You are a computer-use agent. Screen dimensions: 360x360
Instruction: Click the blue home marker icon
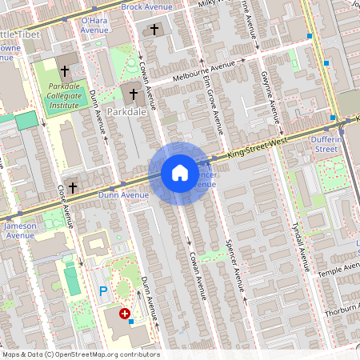click(179, 173)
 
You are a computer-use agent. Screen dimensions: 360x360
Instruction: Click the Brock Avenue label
click(146, 6)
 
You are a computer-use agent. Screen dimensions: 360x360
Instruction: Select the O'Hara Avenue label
click(94, 25)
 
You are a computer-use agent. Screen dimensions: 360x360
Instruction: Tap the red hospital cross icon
click(125, 314)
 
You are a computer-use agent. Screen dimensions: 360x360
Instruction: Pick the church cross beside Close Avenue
click(73, 187)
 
